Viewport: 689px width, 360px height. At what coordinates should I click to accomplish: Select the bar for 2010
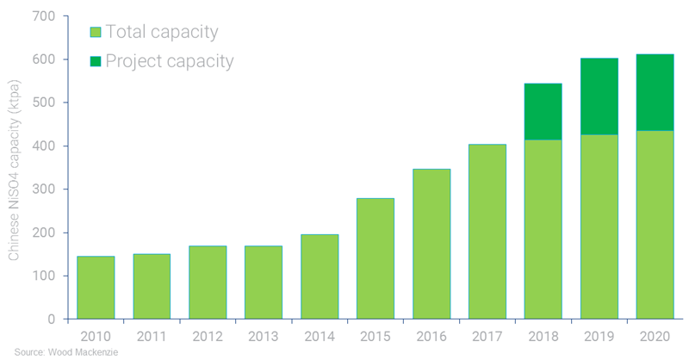pos(96,288)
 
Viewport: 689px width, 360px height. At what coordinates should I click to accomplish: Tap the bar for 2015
pos(376,258)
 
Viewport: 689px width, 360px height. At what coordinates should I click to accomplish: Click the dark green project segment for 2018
pos(543,112)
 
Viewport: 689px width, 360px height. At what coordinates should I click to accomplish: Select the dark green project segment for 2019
pos(599,96)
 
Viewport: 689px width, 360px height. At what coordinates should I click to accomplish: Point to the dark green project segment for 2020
pos(655,92)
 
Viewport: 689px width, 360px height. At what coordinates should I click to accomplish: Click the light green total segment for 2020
pos(655,225)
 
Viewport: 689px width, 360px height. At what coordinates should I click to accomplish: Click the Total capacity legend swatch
pos(96,33)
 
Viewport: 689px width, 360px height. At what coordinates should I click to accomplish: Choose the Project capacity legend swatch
pos(96,61)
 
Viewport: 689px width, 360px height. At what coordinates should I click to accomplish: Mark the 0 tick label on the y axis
pos(51,320)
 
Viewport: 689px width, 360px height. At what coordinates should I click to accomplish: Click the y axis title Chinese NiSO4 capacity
pos(14,168)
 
